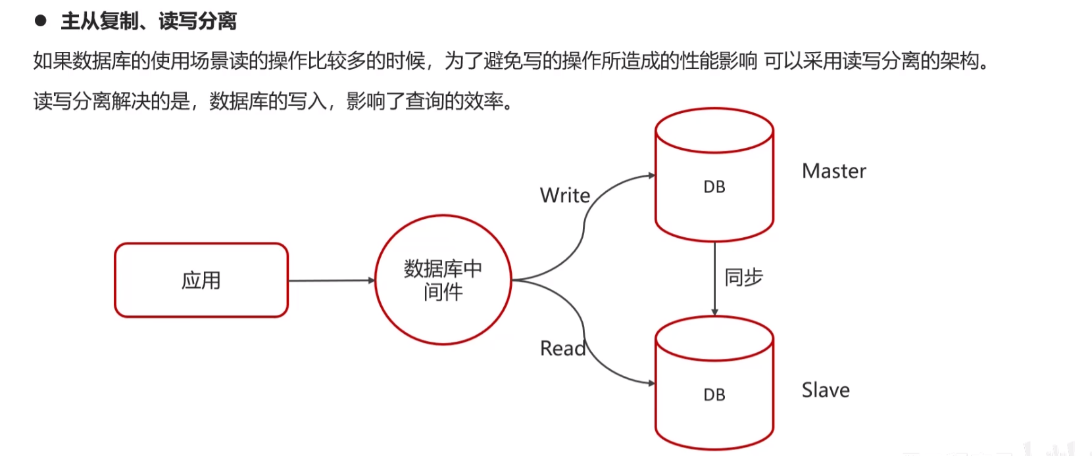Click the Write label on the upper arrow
565,195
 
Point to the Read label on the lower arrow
563,348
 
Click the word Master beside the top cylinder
834,171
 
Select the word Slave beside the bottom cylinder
826,390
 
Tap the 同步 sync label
743,277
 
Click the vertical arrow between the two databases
714,279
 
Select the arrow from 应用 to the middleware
332,280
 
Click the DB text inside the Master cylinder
714,187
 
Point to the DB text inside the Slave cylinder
714,395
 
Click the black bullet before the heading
41,20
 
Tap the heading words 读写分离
197,22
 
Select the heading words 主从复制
100,22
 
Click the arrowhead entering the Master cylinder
651,175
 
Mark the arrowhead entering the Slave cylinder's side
651,384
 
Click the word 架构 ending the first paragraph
959,61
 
